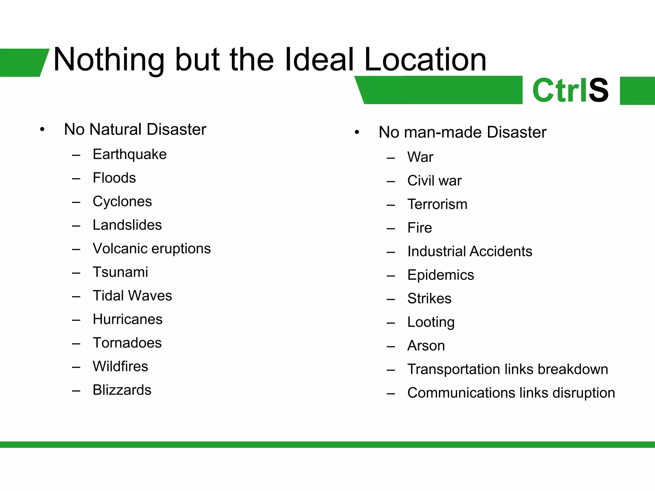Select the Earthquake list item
(x=130, y=154)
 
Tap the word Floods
(x=114, y=178)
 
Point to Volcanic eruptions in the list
(x=152, y=249)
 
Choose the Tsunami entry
(x=120, y=272)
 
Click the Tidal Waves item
(x=132, y=296)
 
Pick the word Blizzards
(x=122, y=390)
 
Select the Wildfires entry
(x=120, y=366)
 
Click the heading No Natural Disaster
(x=135, y=129)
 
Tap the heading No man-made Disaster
(x=462, y=132)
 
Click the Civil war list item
(x=434, y=181)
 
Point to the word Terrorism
(x=437, y=204)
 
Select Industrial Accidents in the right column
(x=470, y=252)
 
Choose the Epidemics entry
(x=440, y=275)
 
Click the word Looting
(x=431, y=322)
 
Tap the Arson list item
(x=426, y=346)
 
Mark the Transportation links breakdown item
(x=508, y=370)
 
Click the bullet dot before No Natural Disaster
(x=42, y=130)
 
